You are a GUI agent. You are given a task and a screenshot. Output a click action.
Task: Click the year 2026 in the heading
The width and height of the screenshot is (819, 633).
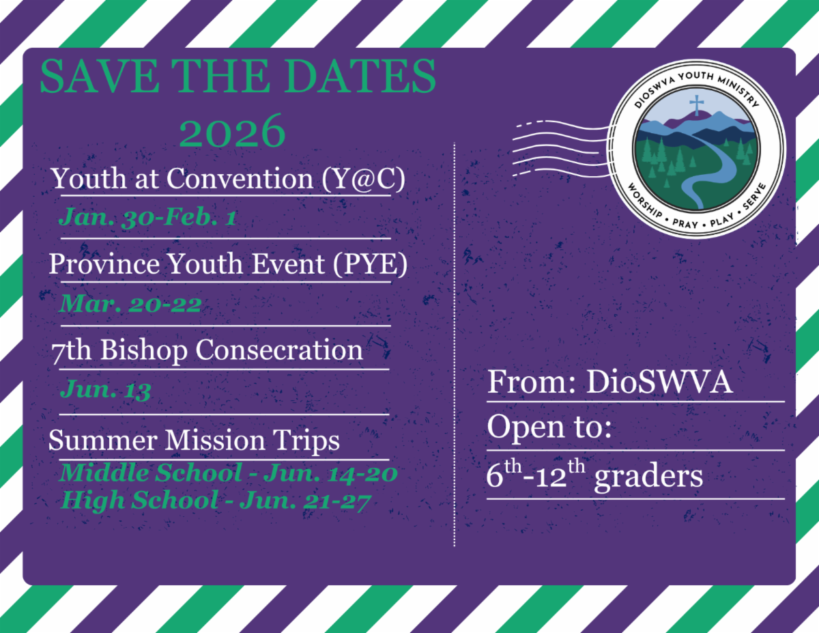point(232,131)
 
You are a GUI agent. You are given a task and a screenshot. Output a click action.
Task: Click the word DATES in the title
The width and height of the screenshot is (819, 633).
point(360,76)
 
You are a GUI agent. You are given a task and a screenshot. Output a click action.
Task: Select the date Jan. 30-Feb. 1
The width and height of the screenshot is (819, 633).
point(147,217)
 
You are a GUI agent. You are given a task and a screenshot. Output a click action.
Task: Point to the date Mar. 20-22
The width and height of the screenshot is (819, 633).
point(130,303)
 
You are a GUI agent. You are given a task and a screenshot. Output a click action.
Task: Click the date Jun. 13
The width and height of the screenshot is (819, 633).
point(106,389)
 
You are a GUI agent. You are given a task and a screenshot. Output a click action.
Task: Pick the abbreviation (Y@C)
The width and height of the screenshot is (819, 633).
point(363,178)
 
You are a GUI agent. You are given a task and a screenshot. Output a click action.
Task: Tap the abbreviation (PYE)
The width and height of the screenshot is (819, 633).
point(370,264)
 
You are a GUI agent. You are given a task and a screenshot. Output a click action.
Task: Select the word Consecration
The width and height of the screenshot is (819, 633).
point(279,350)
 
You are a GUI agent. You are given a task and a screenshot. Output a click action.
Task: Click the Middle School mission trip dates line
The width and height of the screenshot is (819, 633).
point(229,473)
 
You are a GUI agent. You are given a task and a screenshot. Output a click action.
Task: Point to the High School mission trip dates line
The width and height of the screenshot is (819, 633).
point(216,501)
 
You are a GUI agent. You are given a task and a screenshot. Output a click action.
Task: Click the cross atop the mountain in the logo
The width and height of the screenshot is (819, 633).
point(697,105)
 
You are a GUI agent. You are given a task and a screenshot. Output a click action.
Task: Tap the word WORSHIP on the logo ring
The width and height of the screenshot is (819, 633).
point(645,201)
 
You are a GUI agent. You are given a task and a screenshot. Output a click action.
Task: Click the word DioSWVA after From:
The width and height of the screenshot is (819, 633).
point(659,382)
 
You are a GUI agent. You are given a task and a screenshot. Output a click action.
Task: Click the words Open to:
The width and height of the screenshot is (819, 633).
point(549,428)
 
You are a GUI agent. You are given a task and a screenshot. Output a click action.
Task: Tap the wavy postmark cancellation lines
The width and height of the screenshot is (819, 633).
point(562,149)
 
